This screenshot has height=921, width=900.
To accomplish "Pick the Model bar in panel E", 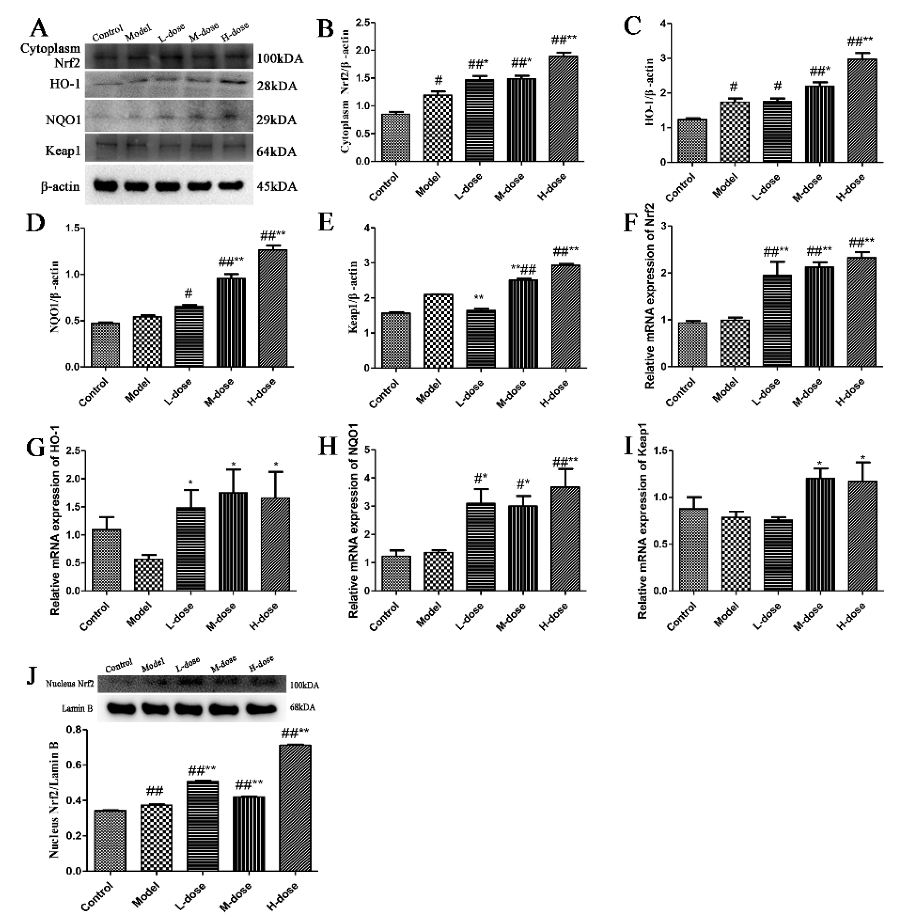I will (439, 331).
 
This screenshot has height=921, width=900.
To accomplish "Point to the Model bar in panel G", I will (149, 574).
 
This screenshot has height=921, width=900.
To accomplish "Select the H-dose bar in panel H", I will (565, 539).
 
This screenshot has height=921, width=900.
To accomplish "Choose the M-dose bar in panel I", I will (820, 534).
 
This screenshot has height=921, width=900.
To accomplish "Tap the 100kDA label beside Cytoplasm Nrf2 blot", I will (280, 59).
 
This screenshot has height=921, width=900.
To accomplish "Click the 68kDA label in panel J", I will (302, 708).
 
